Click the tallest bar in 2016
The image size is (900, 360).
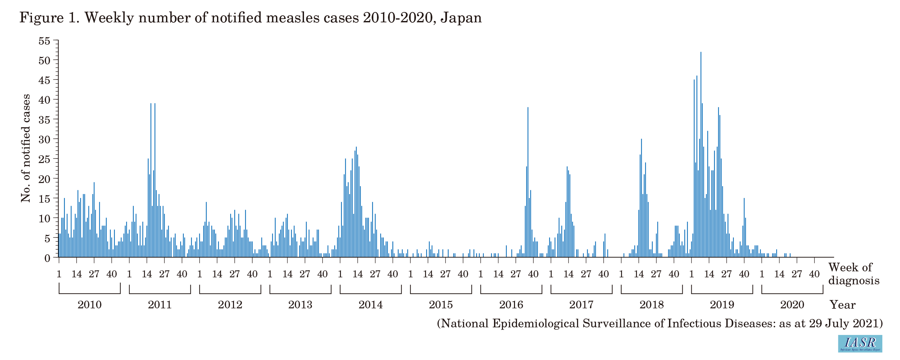(x=528, y=182)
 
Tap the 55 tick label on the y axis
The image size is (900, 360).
(x=44, y=41)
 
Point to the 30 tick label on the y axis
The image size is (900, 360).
(x=44, y=139)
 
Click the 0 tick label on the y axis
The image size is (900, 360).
(x=47, y=258)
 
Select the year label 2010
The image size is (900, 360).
(x=89, y=305)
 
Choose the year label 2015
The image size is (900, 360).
(x=441, y=305)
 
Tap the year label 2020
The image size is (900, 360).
(x=792, y=305)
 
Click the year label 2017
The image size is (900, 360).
(x=581, y=305)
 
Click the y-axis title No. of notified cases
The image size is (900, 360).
(x=26, y=148)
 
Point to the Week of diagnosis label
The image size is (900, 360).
(x=854, y=274)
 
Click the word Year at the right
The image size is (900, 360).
(x=842, y=305)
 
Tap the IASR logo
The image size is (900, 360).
(x=860, y=343)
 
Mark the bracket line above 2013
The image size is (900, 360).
(x=300, y=293)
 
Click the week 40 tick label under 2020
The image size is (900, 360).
(x=814, y=274)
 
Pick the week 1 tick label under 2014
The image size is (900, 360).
(x=340, y=274)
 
